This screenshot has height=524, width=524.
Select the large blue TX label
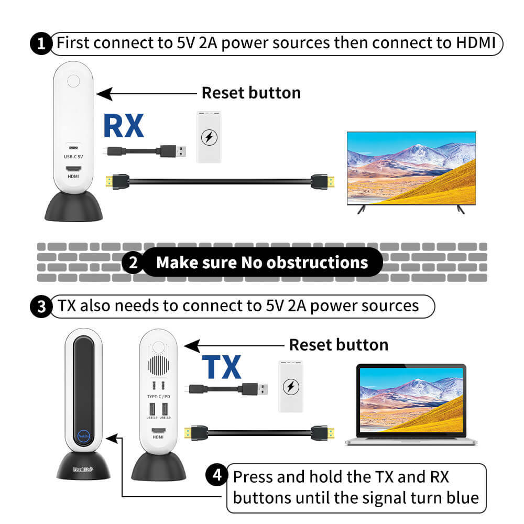pyautogui.click(x=221, y=367)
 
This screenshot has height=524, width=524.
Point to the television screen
pyautogui.click(x=411, y=167)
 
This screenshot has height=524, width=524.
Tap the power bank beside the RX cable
pyautogui.click(x=209, y=137)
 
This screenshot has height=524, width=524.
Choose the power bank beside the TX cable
pyautogui.click(x=289, y=386)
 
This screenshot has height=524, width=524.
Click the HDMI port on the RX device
pyautogui.click(x=73, y=169)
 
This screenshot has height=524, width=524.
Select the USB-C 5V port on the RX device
pyautogui.click(x=73, y=148)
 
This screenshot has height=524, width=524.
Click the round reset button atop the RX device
pyautogui.click(x=74, y=82)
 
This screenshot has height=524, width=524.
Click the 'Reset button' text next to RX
pyautogui.click(x=251, y=93)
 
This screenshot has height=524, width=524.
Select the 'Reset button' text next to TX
pyautogui.click(x=339, y=345)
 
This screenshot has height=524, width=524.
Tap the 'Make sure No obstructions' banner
pyautogui.click(x=262, y=262)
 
